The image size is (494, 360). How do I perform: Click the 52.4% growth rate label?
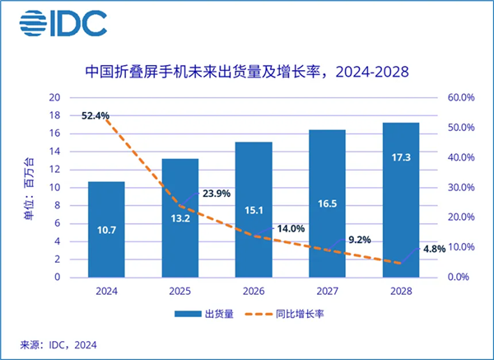(96, 115)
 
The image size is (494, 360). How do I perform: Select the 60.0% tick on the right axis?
(461, 97)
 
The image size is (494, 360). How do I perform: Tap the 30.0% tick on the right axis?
(461, 187)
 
